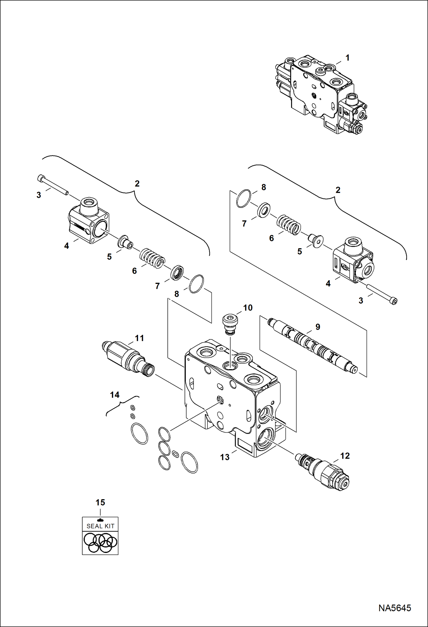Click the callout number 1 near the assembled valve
[347, 58]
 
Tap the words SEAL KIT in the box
[100, 526]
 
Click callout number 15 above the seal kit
[100, 502]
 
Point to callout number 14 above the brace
[115, 395]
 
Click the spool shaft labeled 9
[313, 346]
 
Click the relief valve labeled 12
[323, 471]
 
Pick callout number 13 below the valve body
[225, 457]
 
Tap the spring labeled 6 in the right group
[289, 225]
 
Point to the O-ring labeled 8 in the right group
[244, 198]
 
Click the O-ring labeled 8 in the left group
[197, 284]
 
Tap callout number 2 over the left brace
[137, 184]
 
